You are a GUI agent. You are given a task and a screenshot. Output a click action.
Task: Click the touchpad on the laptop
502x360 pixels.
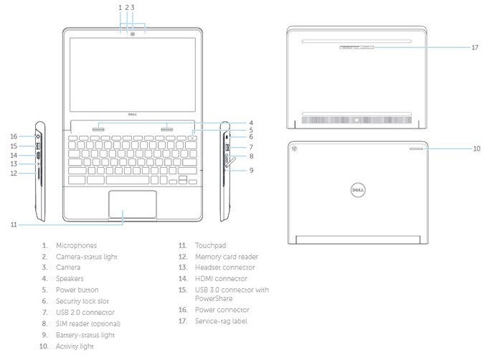[133, 205]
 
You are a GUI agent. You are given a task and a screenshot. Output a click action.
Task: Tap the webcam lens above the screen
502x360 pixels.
[133, 32]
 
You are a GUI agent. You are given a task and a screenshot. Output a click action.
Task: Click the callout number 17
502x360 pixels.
[475, 48]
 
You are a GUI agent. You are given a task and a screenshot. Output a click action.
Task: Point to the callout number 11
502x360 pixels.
[14, 224]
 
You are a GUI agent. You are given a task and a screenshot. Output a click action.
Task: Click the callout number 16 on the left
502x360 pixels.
[14, 136]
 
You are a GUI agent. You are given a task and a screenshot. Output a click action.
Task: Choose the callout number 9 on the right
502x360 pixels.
[252, 171]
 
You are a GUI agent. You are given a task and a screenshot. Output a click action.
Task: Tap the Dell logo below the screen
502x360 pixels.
[133, 113]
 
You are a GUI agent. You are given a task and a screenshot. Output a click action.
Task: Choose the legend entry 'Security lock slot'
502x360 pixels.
[83, 301]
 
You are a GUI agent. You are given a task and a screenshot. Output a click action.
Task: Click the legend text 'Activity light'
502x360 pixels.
[77, 346]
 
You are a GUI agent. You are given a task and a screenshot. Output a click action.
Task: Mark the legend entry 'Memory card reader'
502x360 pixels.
[227, 256]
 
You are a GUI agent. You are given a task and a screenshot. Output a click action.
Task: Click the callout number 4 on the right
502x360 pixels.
[252, 122]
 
